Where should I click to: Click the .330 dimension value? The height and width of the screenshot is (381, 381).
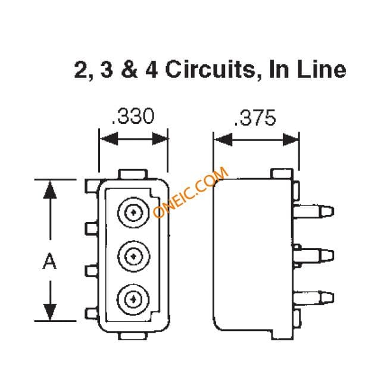pos(133,116)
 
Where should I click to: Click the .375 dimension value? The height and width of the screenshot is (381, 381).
pos(255,118)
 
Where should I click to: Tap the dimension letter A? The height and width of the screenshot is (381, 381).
pos(49,261)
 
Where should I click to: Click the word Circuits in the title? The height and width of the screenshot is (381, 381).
pos(210,70)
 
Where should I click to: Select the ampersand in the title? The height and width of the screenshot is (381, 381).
pos(129,70)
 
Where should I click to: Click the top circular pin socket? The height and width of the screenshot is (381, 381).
pos(133,213)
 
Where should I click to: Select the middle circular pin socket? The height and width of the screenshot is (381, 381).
pos(133,256)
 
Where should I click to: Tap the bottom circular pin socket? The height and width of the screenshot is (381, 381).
pos(133,299)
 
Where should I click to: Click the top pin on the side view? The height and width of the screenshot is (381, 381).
pos(314,211)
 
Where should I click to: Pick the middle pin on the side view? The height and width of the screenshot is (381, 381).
pos(314,255)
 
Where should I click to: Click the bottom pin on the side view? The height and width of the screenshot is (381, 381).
pos(314,298)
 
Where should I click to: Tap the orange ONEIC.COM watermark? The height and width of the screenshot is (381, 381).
pos(190,192)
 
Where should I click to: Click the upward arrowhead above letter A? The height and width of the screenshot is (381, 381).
pos(50,190)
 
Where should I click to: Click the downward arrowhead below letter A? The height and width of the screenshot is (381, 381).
pos(50,312)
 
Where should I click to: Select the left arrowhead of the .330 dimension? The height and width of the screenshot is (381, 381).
pos(109,139)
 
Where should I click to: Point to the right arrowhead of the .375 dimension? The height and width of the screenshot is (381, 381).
pos(291,140)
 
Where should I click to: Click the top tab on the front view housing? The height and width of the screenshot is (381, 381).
pos(133,174)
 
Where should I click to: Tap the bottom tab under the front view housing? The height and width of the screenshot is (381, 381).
pos(133,336)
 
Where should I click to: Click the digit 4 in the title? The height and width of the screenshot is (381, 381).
pos(152,70)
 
